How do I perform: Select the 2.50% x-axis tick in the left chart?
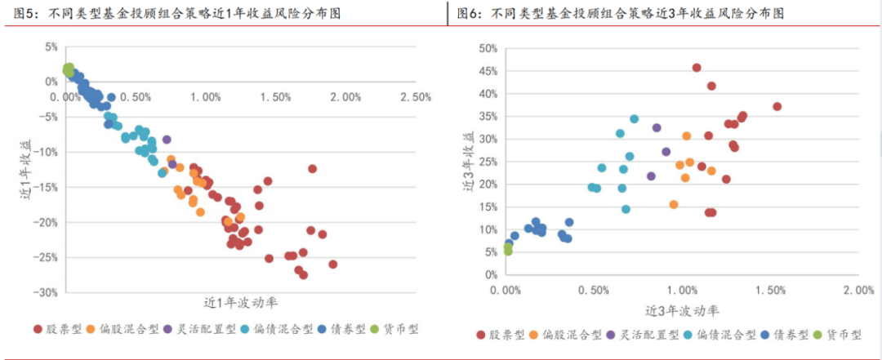point(416,97)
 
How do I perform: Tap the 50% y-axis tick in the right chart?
point(487,48)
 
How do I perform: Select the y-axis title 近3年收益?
point(469,160)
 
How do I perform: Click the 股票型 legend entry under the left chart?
point(58,329)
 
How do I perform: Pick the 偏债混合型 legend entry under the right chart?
point(715,335)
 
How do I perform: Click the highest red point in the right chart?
point(697,68)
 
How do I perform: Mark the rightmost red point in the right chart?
point(777,107)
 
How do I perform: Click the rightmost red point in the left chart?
point(332,264)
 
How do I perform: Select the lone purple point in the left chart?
point(167,140)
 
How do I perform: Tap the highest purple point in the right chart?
point(657,127)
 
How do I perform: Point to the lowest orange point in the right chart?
point(674,205)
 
